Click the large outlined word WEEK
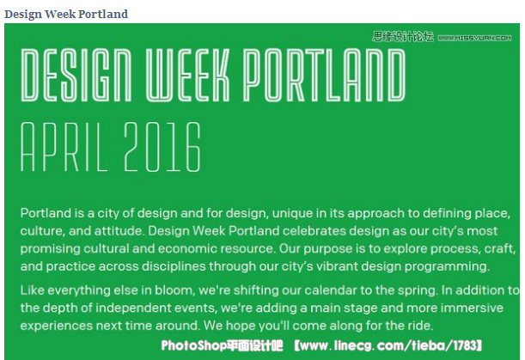(188, 75)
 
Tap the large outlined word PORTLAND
(324, 75)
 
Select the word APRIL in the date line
(64, 147)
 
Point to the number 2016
(162, 147)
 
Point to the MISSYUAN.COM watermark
(474, 38)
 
